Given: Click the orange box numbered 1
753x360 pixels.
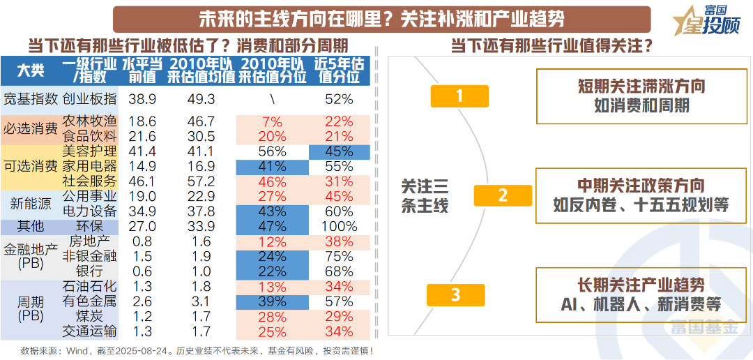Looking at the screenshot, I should (459, 96).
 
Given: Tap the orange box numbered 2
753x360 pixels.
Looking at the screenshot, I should (503, 195).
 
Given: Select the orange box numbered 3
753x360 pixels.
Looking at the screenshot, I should (455, 294).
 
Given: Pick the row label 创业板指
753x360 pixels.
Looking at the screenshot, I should (90, 99).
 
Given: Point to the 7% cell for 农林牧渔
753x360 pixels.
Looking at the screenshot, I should (272, 121).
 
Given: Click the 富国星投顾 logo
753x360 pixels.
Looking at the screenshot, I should (703, 20).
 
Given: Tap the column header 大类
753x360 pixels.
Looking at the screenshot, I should (30, 70).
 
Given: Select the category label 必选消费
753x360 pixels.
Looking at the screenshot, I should (30, 128).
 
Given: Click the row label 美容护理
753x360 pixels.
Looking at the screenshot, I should (90, 151).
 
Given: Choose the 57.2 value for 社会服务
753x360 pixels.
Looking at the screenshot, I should (201, 181).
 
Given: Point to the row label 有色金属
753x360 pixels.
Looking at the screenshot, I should (90, 301).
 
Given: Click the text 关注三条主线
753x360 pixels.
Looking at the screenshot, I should (425, 195).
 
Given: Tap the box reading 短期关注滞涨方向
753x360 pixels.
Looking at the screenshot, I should (641, 96).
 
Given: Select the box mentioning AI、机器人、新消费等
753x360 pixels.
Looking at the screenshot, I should (641, 295).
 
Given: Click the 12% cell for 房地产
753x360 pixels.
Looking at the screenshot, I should (272, 241).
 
